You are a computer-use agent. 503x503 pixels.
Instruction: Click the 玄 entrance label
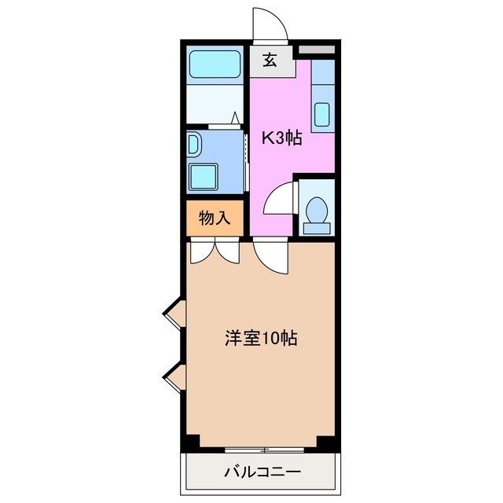[270, 60]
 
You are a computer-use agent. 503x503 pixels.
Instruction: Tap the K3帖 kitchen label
[281, 138]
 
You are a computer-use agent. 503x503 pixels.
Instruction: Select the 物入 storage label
[215, 218]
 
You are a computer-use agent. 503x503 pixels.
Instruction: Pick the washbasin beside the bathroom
[194, 145]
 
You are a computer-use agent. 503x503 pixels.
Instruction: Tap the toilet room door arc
[280, 200]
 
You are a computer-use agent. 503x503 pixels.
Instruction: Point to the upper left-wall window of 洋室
[174, 315]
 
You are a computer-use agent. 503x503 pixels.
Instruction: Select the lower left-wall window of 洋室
[174, 378]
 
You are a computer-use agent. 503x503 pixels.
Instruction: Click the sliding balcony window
[263, 450]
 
